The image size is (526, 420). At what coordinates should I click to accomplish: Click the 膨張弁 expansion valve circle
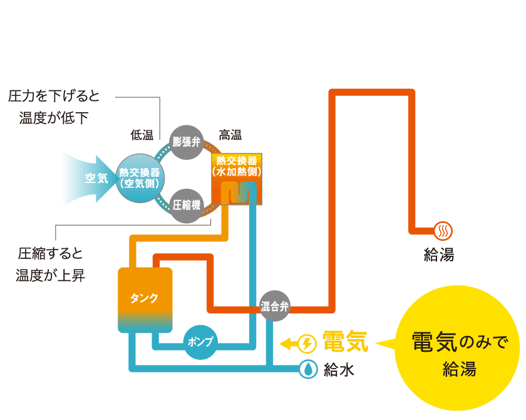[x=187, y=142]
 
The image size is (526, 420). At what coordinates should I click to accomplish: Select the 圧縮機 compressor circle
[x=187, y=205]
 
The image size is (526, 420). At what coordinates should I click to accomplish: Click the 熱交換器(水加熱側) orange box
[x=237, y=179]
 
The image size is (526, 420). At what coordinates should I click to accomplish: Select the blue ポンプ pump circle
[x=200, y=342]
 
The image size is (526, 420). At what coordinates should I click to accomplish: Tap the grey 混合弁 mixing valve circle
[x=274, y=307]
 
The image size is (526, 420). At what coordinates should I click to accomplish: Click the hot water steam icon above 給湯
[x=443, y=231]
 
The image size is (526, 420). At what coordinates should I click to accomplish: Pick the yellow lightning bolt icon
[x=307, y=344]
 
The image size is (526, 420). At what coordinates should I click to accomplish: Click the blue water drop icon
[x=307, y=369]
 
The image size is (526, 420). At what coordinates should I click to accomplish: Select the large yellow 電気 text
[x=345, y=342]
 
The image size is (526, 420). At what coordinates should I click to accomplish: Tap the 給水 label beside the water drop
[x=339, y=370]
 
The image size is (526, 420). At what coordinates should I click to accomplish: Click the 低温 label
[x=142, y=135]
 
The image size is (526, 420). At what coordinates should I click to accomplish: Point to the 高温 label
[x=230, y=135]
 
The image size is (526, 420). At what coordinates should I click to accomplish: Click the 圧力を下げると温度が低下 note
[x=54, y=107]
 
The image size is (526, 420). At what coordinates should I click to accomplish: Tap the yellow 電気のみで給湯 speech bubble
[x=457, y=353]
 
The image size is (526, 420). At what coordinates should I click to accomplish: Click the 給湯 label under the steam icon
[x=439, y=255]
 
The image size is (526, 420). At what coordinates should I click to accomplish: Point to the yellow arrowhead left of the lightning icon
[x=286, y=344]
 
